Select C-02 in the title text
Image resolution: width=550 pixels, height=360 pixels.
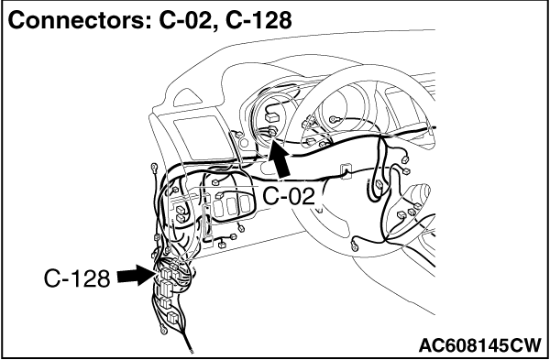tap(187, 21)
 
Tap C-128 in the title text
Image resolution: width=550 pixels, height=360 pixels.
tap(258, 21)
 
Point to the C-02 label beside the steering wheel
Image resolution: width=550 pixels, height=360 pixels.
tap(289, 196)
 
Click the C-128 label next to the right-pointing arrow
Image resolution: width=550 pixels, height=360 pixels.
tap(77, 279)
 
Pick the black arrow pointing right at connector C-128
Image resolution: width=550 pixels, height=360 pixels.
tap(136, 276)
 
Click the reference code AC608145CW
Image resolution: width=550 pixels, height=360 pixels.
tap(479, 345)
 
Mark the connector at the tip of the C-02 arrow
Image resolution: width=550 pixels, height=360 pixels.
tap(272, 132)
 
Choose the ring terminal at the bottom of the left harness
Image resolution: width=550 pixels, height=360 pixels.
tap(163, 330)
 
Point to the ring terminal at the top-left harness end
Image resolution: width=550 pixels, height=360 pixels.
tap(154, 168)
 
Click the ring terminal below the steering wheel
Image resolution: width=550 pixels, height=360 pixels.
tap(354, 245)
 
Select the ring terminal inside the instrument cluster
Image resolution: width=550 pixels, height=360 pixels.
tap(335, 120)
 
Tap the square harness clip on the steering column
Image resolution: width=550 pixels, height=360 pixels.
tap(346, 170)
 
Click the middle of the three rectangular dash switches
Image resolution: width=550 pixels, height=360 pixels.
tap(231, 207)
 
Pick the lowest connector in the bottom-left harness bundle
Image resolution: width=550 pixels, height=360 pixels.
tap(172, 318)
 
